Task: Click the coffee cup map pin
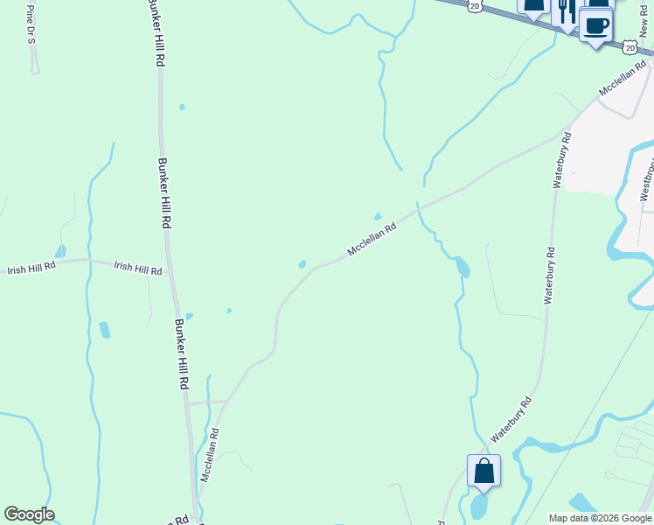tap(596, 25)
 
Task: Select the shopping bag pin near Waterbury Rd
tap(484, 472)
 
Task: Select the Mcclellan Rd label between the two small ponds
tap(372, 239)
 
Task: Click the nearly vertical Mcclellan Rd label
tap(209, 454)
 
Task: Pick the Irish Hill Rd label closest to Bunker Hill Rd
tap(138, 268)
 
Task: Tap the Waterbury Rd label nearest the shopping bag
tap(511, 421)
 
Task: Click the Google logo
tap(29, 514)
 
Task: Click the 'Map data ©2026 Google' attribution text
tap(599, 518)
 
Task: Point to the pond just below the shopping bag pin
tap(479, 506)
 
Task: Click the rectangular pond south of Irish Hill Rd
tap(105, 330)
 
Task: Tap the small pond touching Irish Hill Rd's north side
tap(60, 252)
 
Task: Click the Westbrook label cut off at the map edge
tap(647, 179)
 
